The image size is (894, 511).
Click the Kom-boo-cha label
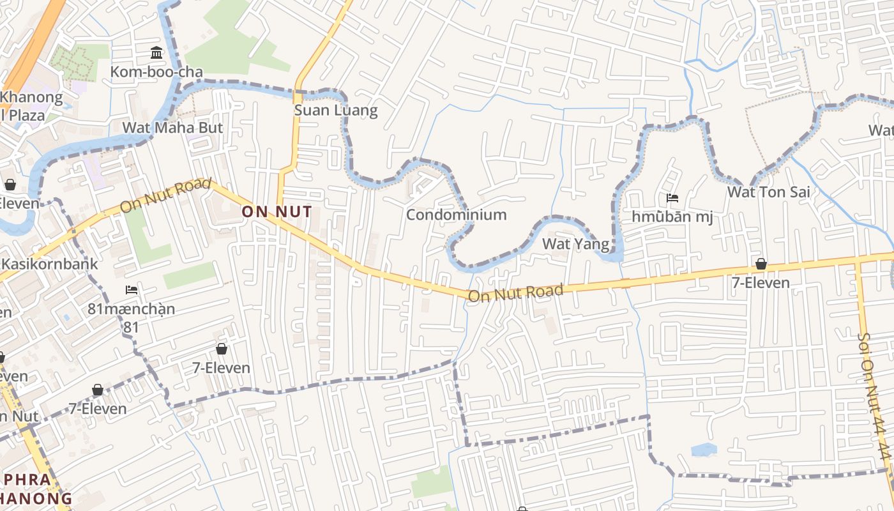[156, 72]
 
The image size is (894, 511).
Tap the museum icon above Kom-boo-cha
[156, 52]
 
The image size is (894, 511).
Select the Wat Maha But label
[172, 128]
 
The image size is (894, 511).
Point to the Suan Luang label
[336, 111]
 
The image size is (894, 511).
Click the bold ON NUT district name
[277, 211]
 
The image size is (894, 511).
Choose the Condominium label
[456, 215]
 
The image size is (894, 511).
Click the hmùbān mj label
[672, 217]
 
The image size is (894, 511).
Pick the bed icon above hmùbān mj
[672, 198]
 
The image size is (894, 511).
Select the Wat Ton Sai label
[760, 192]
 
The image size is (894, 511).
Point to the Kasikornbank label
[50, 264]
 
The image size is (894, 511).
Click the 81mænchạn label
[131, 309]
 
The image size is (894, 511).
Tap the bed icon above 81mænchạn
[132, 290]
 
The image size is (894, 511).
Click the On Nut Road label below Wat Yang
[516, 293]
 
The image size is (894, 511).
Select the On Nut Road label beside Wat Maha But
[165, 195]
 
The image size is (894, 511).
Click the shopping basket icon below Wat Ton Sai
[761, 264]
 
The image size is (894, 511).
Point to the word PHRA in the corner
[26, 480]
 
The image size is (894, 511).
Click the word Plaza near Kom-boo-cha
[24, 116]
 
